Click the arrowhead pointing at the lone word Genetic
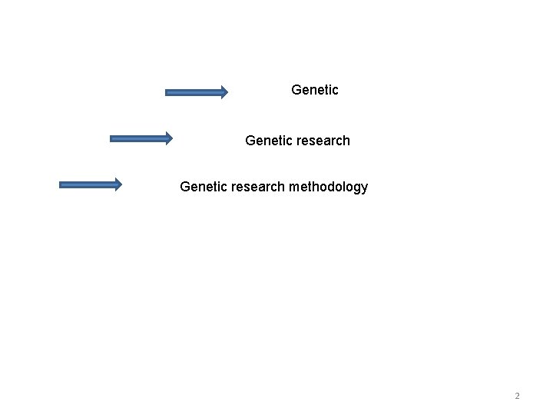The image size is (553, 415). click(x=223, y=92)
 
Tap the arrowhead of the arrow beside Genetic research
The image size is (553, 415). click(x=168, y=138)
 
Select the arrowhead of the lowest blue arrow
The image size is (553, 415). click(x=117, y=184)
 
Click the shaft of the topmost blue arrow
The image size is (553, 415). click(x=192, y=92)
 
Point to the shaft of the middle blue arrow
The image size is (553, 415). click(x=138, y=138)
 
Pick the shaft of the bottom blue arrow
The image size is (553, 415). click(x=87, y=184)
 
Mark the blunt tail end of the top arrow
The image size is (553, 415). click(x=167, y=92)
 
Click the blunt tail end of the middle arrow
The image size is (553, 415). click(x=112, y=138)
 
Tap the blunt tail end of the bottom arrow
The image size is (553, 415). click(x=61, y=184)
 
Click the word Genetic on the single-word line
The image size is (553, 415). click(x=315, y=90)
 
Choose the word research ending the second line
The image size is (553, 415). click(x=323, y=141)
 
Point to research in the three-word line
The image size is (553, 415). click(x=257, y=187)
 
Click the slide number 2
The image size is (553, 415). click(x=517, y=396)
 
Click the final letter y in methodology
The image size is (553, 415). click(x=365, y=189)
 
